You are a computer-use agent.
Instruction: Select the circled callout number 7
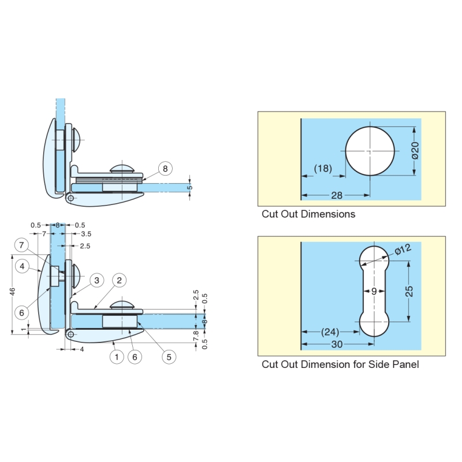point(22,245)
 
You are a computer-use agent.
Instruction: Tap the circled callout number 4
point(22,266)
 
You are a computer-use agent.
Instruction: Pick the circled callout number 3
point(96,281)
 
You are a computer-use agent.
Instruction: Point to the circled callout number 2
point(118,281)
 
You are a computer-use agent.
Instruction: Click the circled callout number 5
point(169,357)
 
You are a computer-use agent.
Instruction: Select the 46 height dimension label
point(12,293)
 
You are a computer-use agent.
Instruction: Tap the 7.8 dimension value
point(195,333)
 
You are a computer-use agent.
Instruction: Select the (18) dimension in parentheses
point(323,168)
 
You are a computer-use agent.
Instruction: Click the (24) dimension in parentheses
point(330,332)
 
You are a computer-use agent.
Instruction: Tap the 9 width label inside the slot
point(374,292)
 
